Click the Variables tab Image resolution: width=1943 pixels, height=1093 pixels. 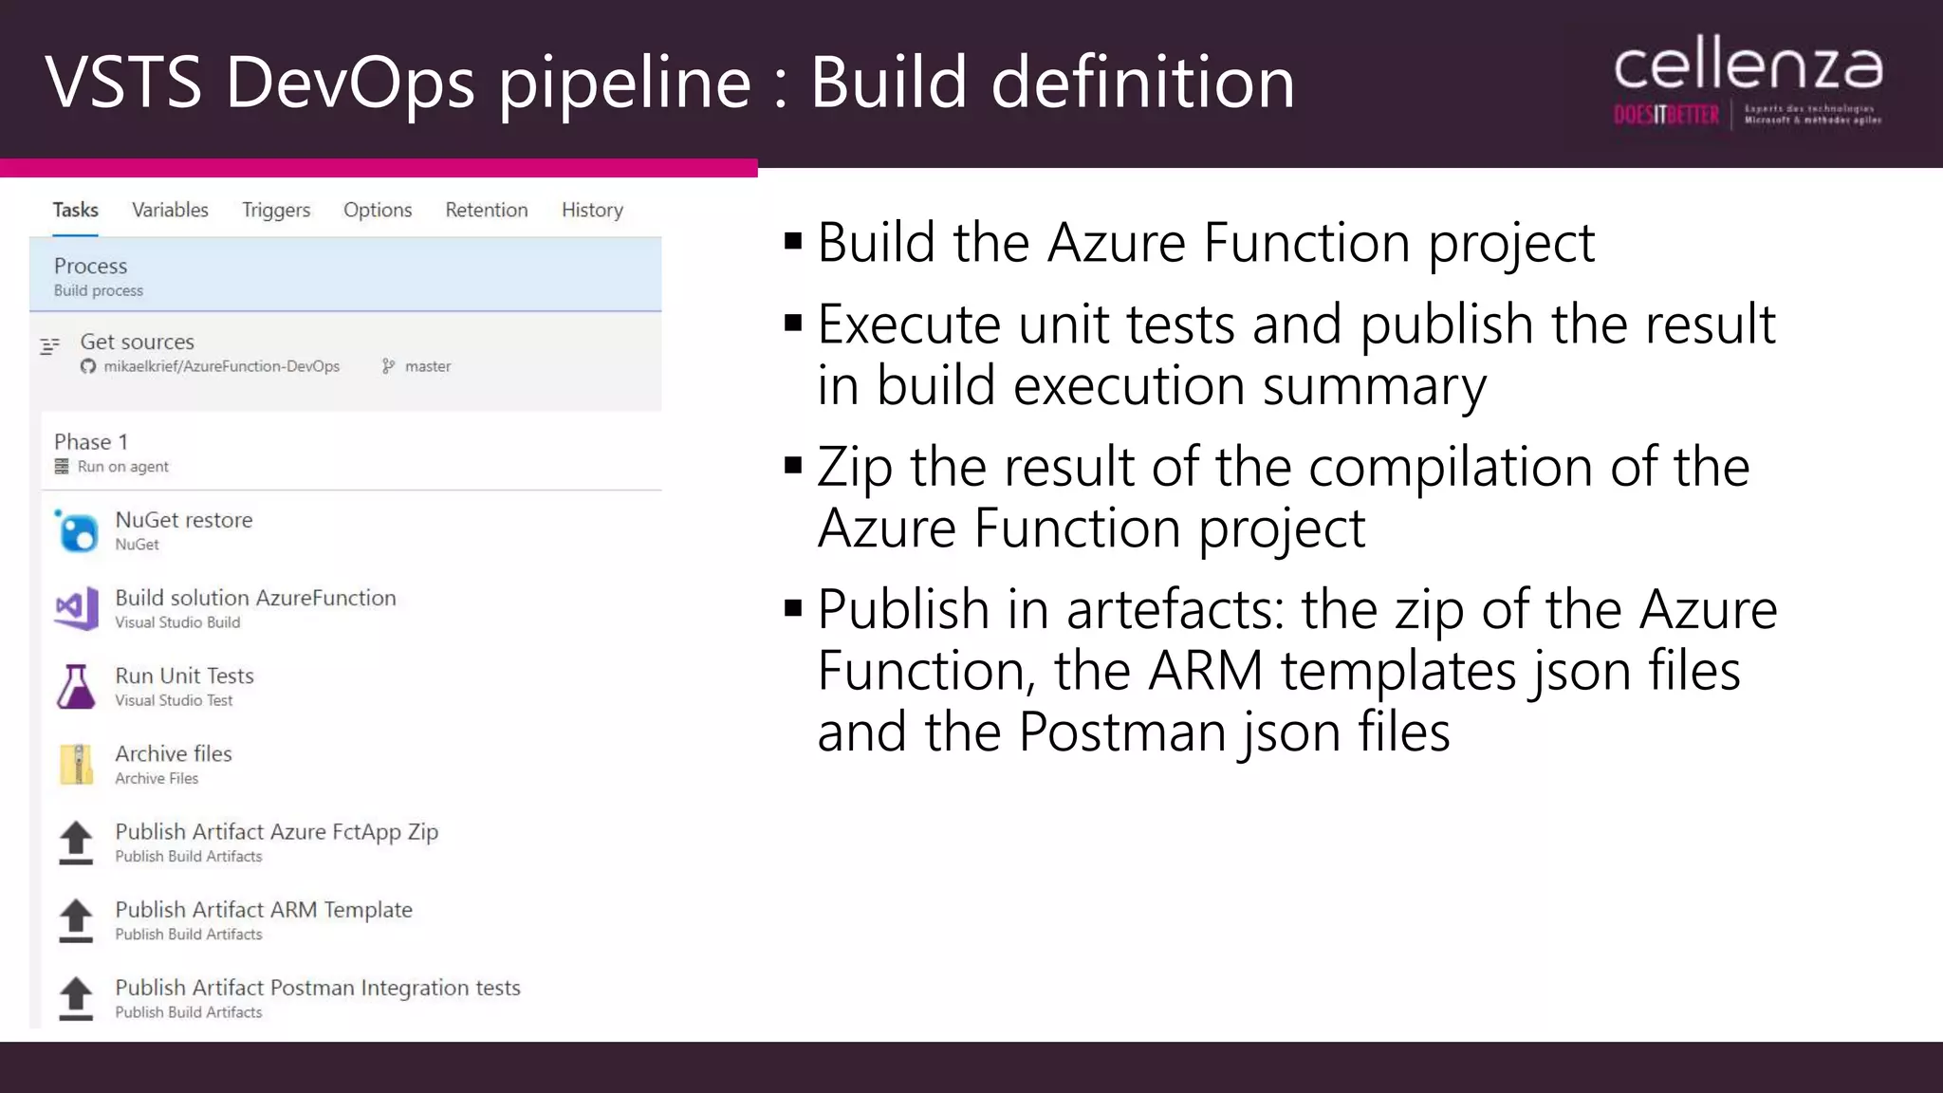(170, 210)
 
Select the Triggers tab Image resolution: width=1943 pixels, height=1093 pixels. (276, 210)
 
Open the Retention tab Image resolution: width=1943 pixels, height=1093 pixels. (487, 210)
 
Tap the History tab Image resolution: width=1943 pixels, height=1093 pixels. (592, 210)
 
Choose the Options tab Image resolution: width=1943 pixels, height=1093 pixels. (378, 210)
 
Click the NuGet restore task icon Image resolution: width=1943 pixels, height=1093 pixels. (77, 531)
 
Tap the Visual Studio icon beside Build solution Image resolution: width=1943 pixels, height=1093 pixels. (77, 608)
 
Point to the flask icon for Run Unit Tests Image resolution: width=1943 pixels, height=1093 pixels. (76, 687)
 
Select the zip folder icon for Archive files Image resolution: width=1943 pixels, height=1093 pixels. (76, 765)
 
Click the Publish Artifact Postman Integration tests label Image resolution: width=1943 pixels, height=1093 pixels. (318, 988)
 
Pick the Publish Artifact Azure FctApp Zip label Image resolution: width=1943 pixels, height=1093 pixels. (276, 832)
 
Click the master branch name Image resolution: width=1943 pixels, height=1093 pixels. (428, 366)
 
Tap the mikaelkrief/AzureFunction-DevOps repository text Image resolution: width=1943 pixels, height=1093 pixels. (221, 366)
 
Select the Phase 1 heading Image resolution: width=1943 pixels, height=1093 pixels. (91, 442)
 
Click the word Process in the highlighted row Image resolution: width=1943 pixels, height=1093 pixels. (90, 266)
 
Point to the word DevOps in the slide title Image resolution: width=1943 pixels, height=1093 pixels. (350, 83)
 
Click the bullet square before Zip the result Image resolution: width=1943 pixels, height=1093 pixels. (794, 465)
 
